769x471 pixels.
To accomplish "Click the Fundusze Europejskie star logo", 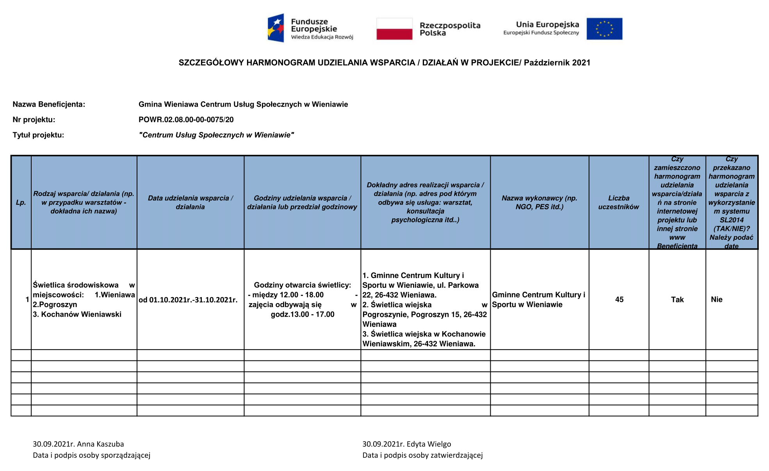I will (x=276, y=28).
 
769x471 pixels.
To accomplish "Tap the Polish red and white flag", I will (x=394, y=29).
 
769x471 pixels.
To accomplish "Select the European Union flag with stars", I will (x=604, y=29).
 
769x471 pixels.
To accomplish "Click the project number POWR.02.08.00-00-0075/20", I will (x=186, y=120).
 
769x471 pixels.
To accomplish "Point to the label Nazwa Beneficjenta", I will (x=49, y=104).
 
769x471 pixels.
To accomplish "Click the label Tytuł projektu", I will (x=38, y=135).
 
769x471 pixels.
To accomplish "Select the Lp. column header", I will (x=21, y=202).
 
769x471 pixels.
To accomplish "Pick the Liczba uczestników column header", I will (x=619, y=202).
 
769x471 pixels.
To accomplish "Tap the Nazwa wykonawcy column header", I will (x=539, y=202).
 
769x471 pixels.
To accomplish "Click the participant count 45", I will (x=619, y=300).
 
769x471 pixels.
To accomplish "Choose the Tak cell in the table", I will (x=677, y=300).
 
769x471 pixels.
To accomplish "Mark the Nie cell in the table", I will (x=717, y=300).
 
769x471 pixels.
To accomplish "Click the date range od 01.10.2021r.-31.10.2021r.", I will (x=188, y=300).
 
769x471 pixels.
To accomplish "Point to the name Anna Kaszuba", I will (x=100, y=444).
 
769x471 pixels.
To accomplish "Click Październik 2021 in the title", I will (x=557, y=62).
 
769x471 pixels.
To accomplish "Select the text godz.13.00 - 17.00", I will (x=303, y=314).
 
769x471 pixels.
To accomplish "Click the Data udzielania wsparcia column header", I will (x=190, y=202).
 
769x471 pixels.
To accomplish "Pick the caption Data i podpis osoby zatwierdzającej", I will (x=422, y=455).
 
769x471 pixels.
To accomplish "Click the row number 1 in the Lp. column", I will (x=27, y=300).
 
